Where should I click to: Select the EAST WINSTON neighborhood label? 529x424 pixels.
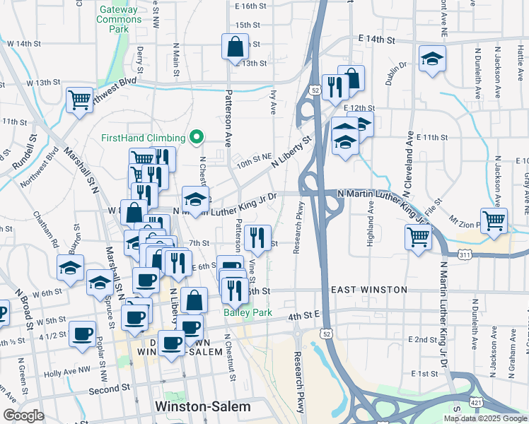tap(368, 290)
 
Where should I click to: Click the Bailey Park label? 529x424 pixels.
tap(238, 312)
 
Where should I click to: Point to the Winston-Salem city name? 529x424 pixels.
tap(202, 407)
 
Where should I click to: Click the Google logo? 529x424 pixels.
tap(23, 416)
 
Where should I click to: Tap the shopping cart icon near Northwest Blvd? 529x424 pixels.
tap(80, 100)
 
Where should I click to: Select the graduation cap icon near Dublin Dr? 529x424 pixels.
tap(431, 59)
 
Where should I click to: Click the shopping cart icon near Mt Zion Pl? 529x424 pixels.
tap(493, 220)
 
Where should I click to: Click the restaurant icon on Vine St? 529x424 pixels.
tap(258, 237)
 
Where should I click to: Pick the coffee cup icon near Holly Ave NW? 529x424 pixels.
tap(83, 333)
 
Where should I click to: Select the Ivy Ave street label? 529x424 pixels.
tap(273, 102)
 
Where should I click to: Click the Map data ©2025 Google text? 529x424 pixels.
tap(484, 418)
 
